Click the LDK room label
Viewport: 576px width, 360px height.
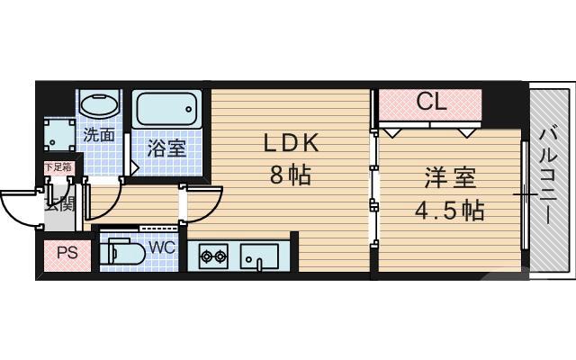pos(291,144)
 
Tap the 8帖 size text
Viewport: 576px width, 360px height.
pos(291,175)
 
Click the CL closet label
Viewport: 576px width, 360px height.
pos(431,103)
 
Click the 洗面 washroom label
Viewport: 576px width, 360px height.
pos(99,135)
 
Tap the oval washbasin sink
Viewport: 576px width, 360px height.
pos(98,104)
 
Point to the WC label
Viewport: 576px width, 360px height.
pos(162,246)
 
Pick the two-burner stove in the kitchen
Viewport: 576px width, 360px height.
pos(213,257)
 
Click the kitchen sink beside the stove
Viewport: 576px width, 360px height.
pos(260,256)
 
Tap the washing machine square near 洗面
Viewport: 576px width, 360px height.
pos(61,136)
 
